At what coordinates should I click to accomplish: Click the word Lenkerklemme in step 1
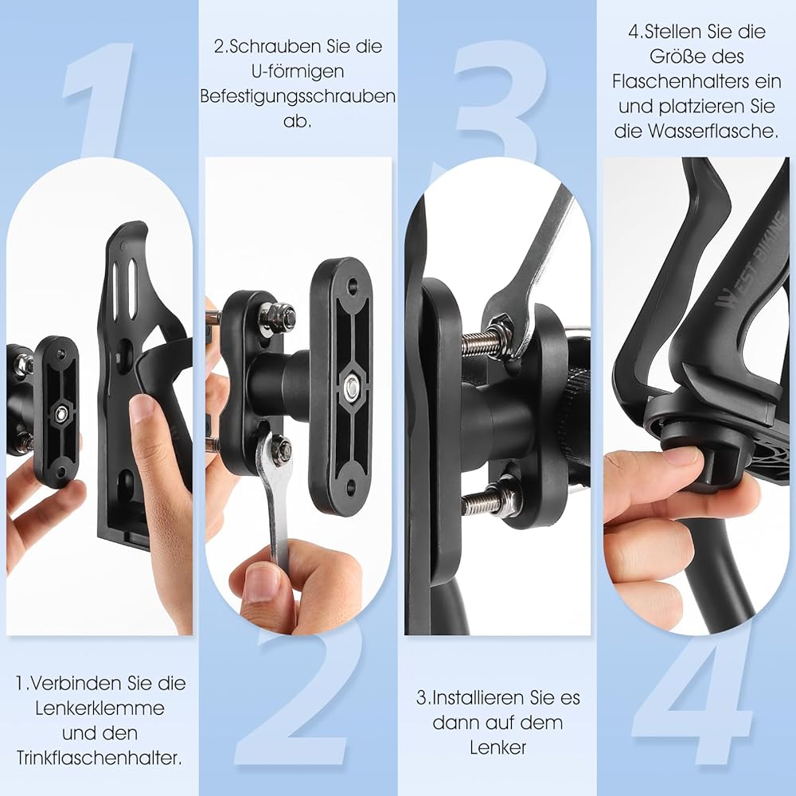99,708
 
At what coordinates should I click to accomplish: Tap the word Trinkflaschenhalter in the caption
99,759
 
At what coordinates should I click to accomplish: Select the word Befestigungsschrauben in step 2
298,96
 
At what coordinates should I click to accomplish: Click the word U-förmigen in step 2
298,72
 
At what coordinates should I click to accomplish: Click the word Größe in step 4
676,57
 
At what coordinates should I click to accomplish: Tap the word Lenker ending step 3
497,747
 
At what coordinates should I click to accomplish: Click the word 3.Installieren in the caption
473,698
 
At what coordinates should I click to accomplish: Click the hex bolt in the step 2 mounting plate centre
349,388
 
